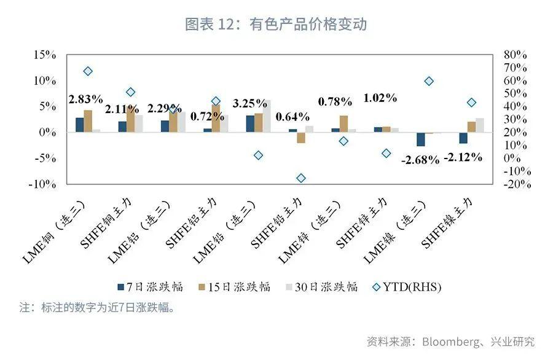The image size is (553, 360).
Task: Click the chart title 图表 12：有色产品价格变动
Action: click(x=276, y=24)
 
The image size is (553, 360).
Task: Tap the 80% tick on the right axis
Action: click(x=515, y=55)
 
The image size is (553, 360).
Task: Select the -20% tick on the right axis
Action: click(x=517, y=184)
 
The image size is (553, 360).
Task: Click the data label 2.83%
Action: click(x=85, y=99)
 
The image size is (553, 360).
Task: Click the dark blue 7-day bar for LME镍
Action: click(x=420, y=139)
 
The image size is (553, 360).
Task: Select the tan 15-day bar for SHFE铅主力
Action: click(x=301, y=138)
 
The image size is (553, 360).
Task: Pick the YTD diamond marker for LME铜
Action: click(x=88, y=71)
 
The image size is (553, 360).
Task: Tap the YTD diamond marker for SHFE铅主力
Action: click(x=301, y=178)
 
